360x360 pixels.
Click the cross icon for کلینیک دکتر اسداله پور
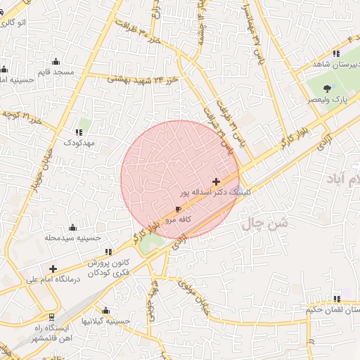pyautogui.click(x=216, y=181)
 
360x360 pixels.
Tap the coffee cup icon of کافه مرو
pyautogui.click(x=178, y=210)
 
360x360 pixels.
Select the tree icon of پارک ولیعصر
pyautogui.click(x=327, y=89)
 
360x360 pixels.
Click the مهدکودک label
pyautogui.click(x=77, y=143)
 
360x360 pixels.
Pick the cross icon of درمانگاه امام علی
pyautogui.click(x=53, y=268)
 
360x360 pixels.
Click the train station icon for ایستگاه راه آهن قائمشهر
pyautogui.click(x=51, y=317)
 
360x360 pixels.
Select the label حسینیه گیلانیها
pyautogui.click(x=105, y=321)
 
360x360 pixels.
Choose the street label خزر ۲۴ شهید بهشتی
pyautogui.click(x=142, y=80)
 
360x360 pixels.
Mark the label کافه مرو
pyautogui.click(x=179, y=220)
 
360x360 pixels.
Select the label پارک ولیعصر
pyautogui.click(x=329, y=100)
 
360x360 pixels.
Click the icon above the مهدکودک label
pyautogui.click(x=77, y=131)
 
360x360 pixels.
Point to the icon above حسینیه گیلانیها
pyautogui.click(x=105, y=310)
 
